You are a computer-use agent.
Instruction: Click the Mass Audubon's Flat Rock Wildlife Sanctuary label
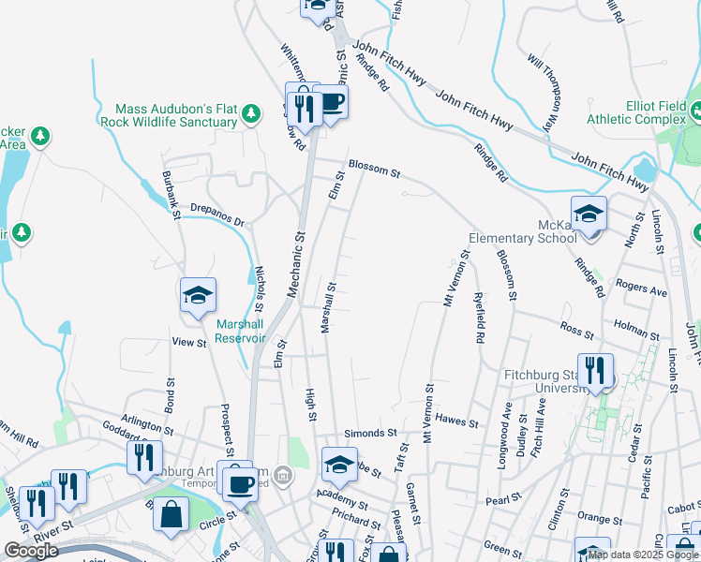pos(175,115)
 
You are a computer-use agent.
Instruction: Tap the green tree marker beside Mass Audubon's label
pos(250,114)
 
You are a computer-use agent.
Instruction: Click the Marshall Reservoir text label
pos(242,331)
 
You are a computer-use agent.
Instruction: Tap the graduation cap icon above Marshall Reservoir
pos(199,297)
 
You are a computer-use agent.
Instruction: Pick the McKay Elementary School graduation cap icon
pos(589,214)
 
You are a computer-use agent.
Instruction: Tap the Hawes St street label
pos(457,421)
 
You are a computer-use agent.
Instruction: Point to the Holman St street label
pos(637,329)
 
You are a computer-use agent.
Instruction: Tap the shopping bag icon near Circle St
pos(172,516)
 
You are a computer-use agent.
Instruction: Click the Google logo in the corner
pos(31,551)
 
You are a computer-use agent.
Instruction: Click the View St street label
pos(188,343)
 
